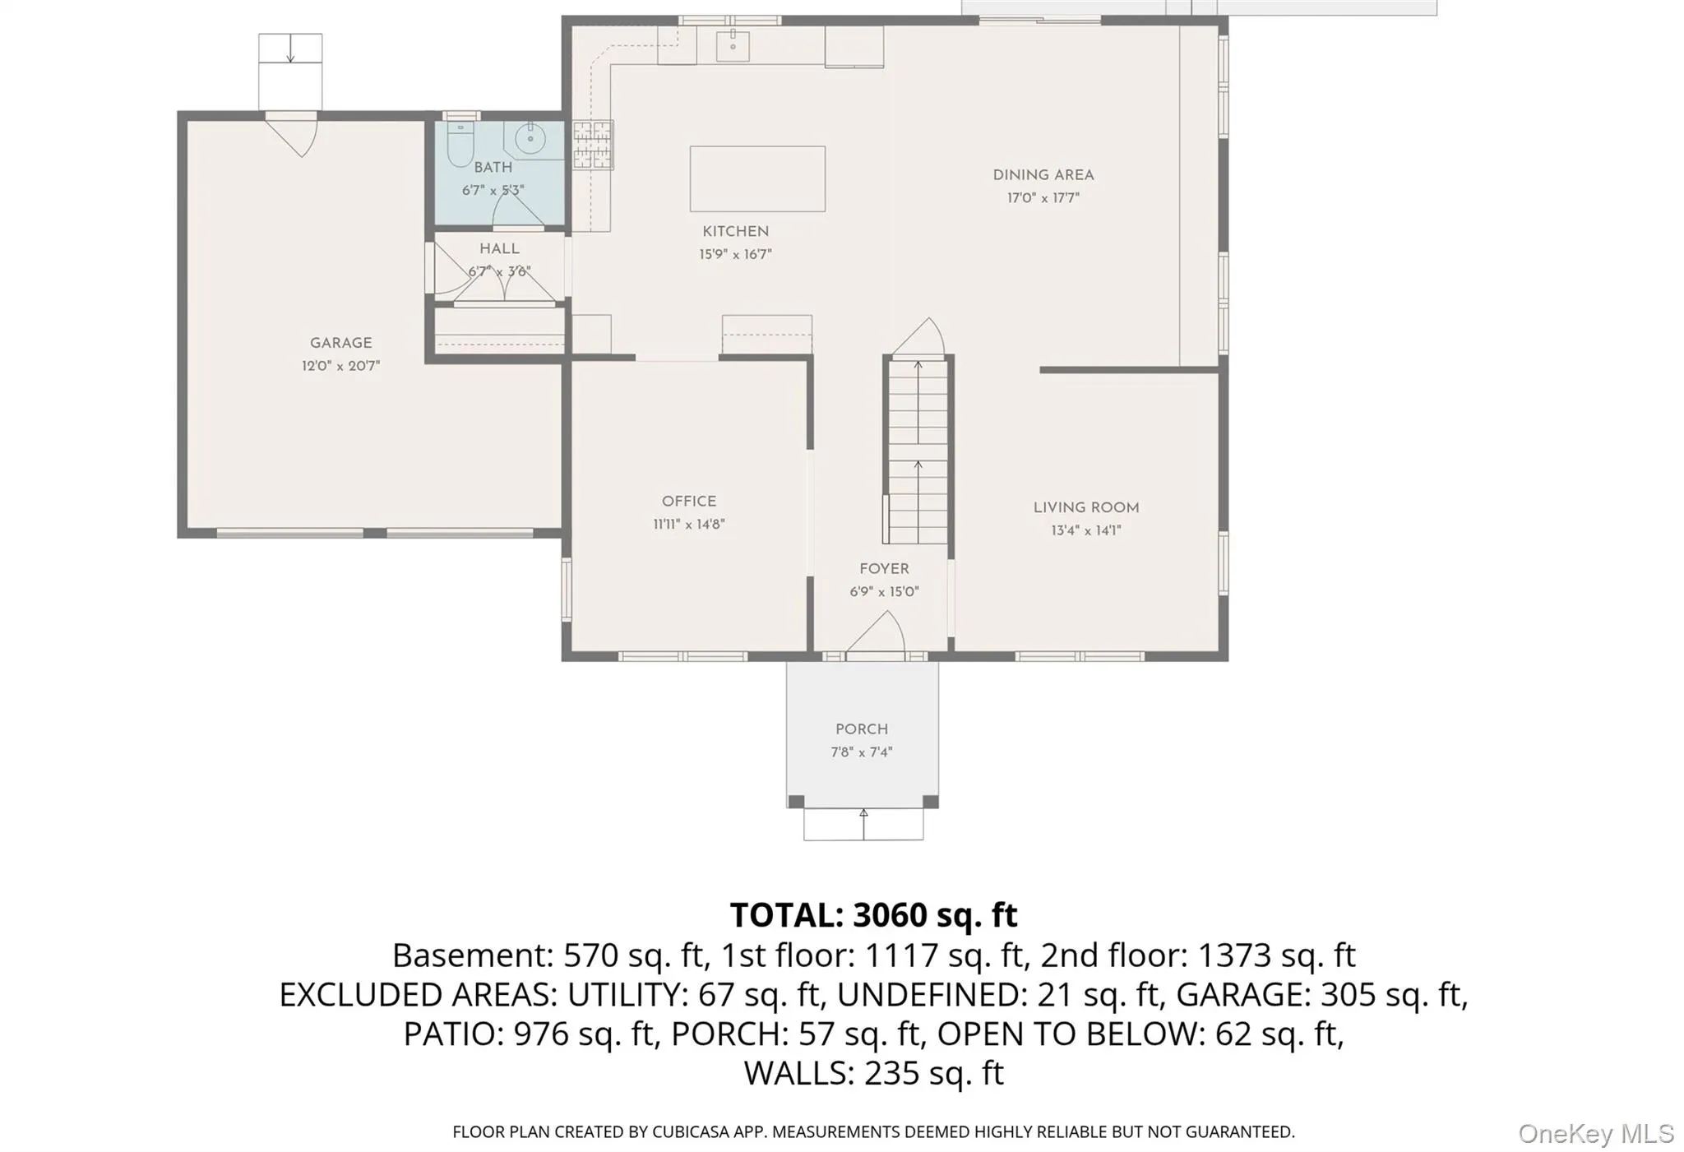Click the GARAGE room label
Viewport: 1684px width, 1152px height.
pyautogui.click(x=340, y=343)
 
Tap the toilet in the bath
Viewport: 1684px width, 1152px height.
pyautogui.click(x=459, y=144)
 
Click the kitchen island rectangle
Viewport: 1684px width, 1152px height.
pyautogui.click(x=757, y=178)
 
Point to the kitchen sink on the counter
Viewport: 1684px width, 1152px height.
pyautogui.click(x=732, y=45)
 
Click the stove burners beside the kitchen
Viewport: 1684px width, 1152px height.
pyautogui.click(x=593, y=145)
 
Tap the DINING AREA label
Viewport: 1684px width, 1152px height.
pyautogui.click(x=1043, y=175)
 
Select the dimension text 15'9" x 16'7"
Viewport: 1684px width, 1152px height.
pyautogui.click(x=735, y=255)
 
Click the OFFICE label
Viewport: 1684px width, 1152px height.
pyautogui.click(x=689, y=502)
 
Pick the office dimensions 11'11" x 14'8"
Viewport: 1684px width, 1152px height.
pyautogui.click(x=689, y=525)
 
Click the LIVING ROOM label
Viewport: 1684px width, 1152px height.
pyautogui.click(x=1086, y=508)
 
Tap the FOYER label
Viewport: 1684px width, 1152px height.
pyautogui.click(x=884, y=569)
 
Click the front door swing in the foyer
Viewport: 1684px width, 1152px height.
pyautogui.click(x=877, y=636)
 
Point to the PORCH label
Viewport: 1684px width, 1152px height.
pyautogui.click(x=862, y=729)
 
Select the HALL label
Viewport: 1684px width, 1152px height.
pyautogui.click(x=499, y=248)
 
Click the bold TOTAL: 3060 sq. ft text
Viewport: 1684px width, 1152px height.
pyautogui.click(x=873, y=915)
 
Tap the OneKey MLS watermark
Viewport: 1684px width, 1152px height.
pyautogui.click(x=1596, y=1134)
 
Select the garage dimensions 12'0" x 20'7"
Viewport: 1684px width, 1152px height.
pyautogui.click(x=340, y=366)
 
